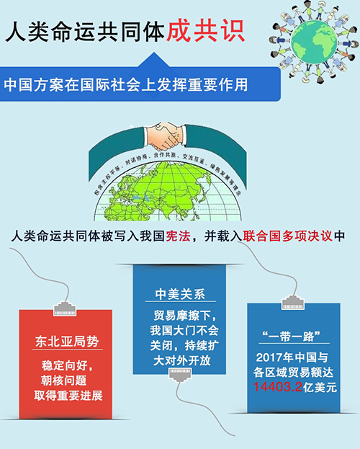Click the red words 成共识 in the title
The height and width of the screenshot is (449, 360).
(x=204, y=31)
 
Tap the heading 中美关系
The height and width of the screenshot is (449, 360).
(x=176, y=294)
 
